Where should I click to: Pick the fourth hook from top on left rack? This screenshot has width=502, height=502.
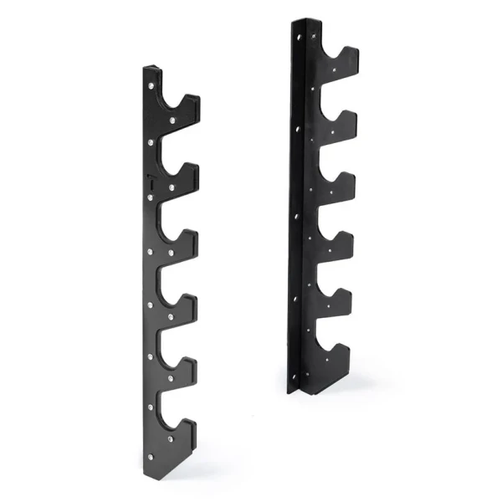192,300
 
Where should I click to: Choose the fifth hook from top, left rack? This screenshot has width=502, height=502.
192,365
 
